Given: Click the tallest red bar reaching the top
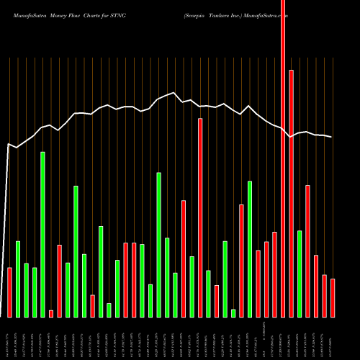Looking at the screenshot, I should pyautogui.click(x=283, y=158).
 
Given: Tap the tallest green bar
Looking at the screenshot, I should pyautogui.click(x=42, y=234).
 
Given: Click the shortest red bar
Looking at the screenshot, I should pyautogui.click(x=51, y=313).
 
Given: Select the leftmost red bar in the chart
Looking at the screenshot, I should pyautogui.click(x=9, y=292).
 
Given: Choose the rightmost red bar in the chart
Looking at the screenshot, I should pyautogui.click(x=333, y=297).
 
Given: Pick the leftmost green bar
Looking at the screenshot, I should pyautogui.click(x=18, y=279).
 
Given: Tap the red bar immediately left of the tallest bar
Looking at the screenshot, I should pyautogui.click(x=275, y=274).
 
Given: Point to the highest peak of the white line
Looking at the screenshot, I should pyautogui.click(x=173, y=93).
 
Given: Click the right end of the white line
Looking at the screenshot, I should pyautogui.click(x=332, y=137).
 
